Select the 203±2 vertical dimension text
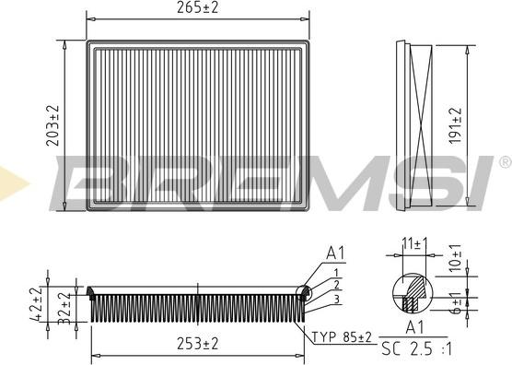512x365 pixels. pyautogui.click(x=52, y=125)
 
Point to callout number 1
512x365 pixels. pyautogui.click(x=337, y=272)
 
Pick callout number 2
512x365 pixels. pyautogui.click(x=337, y=285)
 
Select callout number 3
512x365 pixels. pyautogui.click(x=337, y=299)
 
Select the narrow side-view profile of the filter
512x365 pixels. pyautogui.click(x=415, y=125)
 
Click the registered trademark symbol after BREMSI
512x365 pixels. pyautogui.click(x=504, y=162)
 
